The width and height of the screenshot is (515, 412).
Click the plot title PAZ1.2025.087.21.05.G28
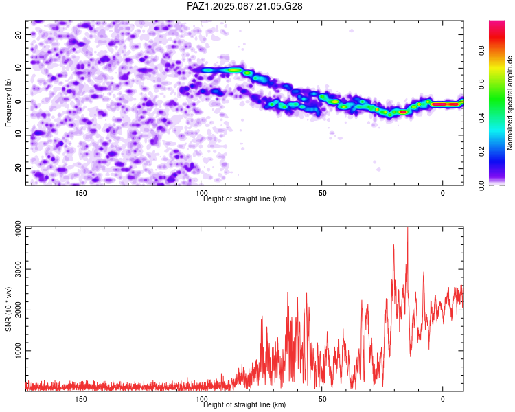244,6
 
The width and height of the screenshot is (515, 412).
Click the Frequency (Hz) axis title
8,103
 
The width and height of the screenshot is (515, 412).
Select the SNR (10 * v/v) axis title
8,309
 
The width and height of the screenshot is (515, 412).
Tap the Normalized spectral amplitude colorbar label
510,103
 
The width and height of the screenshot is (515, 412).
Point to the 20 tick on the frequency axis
18,34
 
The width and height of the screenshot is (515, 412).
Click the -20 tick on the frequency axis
18,168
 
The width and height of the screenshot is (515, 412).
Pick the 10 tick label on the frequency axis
18,68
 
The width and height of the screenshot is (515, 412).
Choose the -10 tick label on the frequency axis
18,135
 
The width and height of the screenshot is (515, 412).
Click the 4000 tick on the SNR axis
18,229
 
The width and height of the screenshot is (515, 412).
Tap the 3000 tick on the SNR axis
18,269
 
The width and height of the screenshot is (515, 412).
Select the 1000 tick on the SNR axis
18,351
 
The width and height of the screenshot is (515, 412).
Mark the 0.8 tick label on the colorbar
481,51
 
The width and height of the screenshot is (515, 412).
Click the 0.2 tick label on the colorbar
481,152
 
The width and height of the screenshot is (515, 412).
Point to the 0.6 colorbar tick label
481,84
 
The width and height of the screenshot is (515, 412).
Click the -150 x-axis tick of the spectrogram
80,193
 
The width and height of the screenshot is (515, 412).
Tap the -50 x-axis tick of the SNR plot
321,399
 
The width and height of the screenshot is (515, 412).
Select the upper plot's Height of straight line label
244,198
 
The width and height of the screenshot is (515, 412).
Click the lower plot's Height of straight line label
244,404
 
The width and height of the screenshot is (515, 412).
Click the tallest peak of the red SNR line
408,228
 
